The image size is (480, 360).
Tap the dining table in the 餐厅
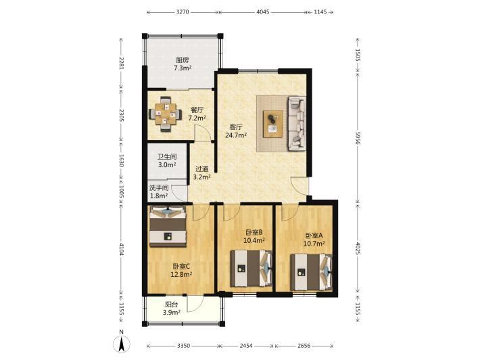tap(166, 114)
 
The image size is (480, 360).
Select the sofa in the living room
tap(297, 123)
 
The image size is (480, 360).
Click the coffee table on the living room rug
tap(273, 124)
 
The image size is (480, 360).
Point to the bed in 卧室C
tap(168, 226)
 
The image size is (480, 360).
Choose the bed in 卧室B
tap(251, 269)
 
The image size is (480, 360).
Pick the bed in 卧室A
tap(312, 272)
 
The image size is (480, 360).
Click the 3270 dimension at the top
tap(183, 12)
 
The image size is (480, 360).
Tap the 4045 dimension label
tap(263, 12)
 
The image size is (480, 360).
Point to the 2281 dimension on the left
tap(122, 63)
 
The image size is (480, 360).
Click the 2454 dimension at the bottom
tap(246, 346)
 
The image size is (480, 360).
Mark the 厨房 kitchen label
tap(182, 60)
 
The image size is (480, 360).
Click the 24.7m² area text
tap(236, 135)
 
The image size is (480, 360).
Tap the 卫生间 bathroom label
tap(167, 157)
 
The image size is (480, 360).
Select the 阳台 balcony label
tap(172, 305)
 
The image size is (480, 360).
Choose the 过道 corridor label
tap(201, 168)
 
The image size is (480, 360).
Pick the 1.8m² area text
tap(159, 196)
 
